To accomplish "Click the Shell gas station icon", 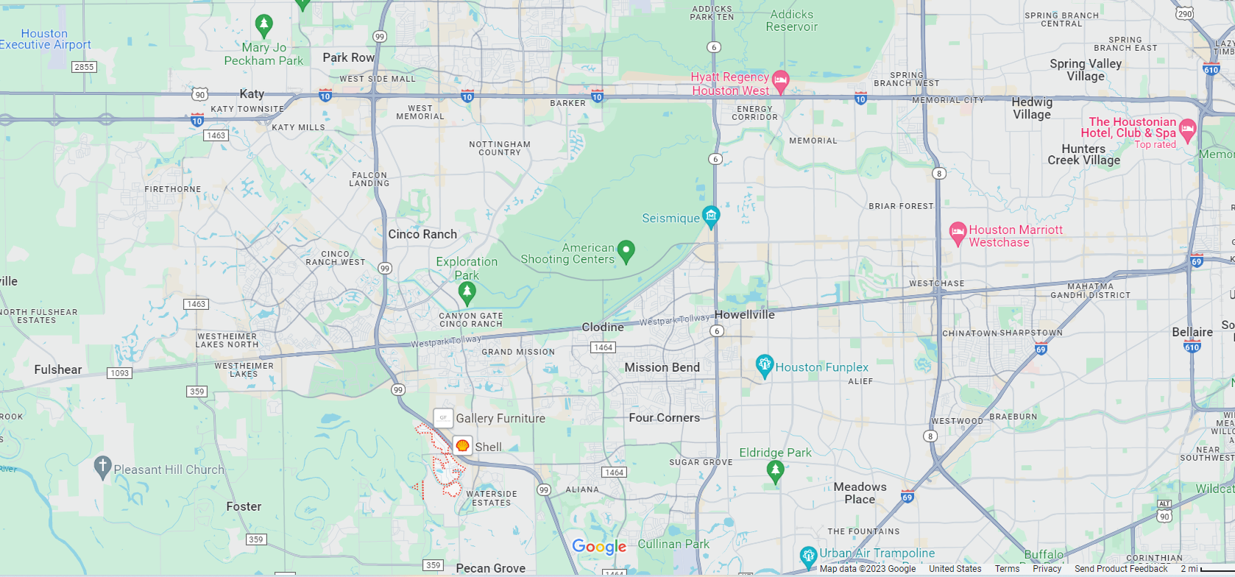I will point(462,445).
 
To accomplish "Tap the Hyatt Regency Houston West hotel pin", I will point(781,80).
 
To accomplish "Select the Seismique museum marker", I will point(710,216).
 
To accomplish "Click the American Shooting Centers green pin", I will point(626,250).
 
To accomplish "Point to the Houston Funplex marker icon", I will point(764,365).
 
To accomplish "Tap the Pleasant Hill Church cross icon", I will point(102,467).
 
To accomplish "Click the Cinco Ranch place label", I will point(422,234).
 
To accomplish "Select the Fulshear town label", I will point(58,369).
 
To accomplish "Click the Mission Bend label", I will point(662,367).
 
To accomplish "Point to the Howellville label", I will point(744,314).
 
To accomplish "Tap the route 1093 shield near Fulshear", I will point(119,373).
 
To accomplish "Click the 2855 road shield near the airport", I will point(84,67).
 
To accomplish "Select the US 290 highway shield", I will point(1183,14).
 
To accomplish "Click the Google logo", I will point(599,546).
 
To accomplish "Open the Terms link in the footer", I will point(1007,569).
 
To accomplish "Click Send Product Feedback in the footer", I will point(1121,569).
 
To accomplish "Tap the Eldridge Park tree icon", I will point(774,470).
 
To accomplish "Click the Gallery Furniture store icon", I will point(443,418).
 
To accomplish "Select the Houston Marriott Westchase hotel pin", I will point(958,233).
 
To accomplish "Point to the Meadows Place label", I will point(860,493).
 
